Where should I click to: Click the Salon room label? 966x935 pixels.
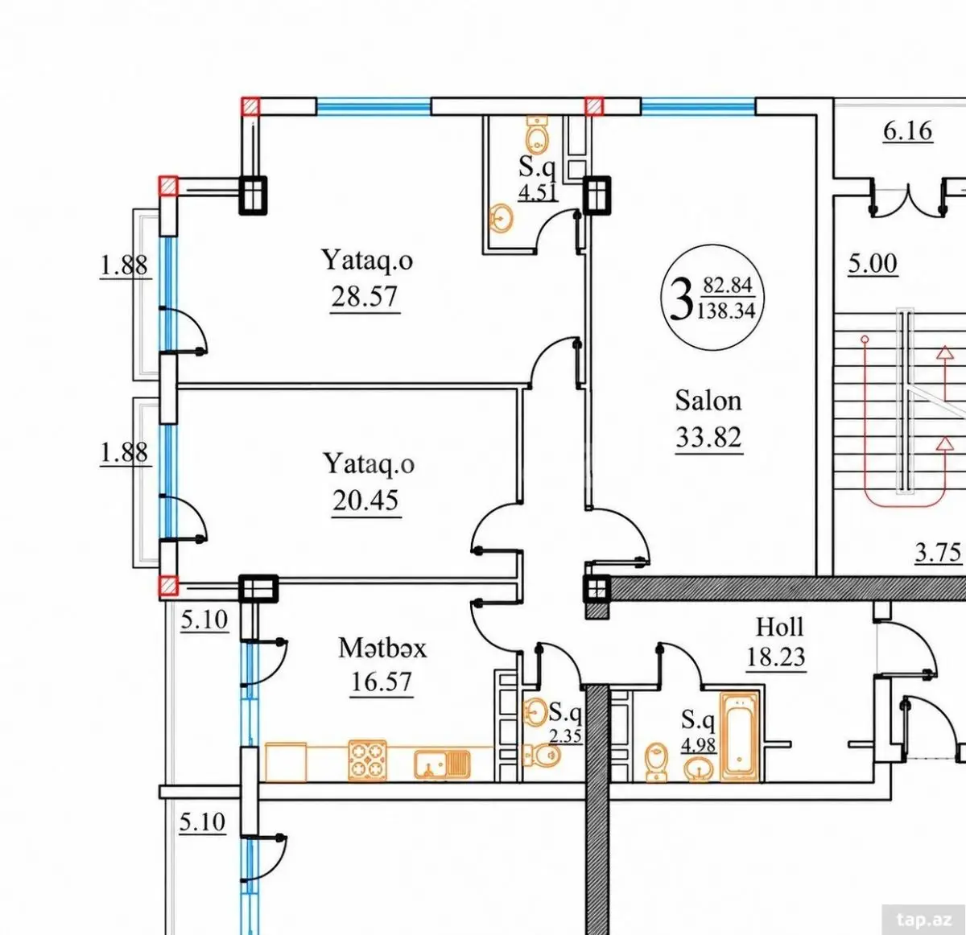708,401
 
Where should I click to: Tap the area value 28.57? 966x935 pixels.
365,297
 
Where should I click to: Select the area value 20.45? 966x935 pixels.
365,500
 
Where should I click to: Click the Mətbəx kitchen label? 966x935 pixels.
382,649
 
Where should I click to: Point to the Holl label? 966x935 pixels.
779,628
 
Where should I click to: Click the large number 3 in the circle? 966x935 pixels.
681,299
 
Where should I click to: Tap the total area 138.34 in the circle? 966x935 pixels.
726,311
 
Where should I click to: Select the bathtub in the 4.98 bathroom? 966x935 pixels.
740,737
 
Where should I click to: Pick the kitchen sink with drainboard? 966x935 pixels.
442,764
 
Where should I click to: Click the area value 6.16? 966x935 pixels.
908,131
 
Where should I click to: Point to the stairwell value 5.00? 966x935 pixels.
873,264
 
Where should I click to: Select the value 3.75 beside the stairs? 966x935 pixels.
938,553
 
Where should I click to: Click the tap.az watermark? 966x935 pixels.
924,920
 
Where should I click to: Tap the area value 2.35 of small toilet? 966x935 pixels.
565,735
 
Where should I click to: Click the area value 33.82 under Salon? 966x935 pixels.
709,437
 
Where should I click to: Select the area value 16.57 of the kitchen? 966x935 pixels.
382,682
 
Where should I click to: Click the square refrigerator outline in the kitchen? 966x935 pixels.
286,762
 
